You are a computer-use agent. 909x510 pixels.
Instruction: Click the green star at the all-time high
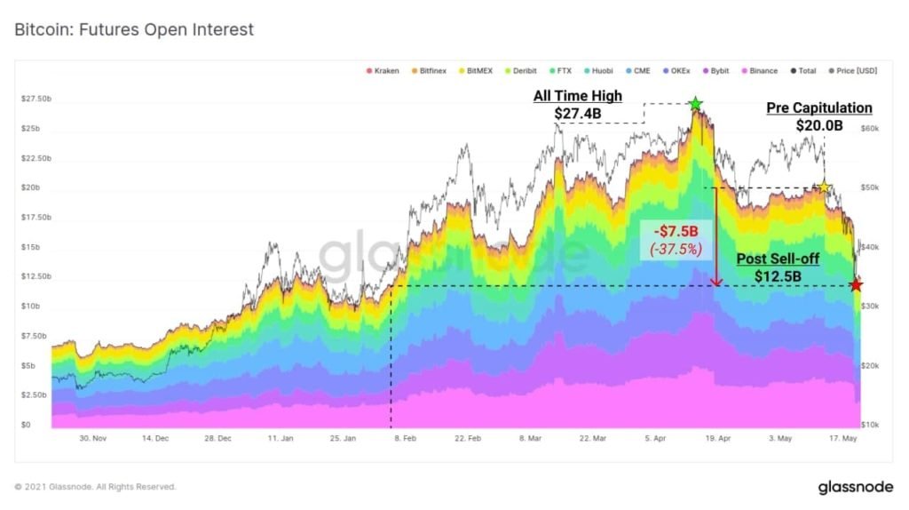[x=695, y=104]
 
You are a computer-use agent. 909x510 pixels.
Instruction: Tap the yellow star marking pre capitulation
[x=825, y=187]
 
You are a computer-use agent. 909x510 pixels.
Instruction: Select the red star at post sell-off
[x=856, y=285]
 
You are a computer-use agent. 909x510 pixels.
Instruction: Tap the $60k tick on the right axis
[x=870, y=129]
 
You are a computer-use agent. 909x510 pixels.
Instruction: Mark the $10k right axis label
[x=870, y=426]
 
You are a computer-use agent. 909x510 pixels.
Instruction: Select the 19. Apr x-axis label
[x=717, y=439]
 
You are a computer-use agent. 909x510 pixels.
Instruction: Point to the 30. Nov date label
[x=93, y=439]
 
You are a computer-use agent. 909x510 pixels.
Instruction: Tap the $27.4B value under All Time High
[x=577, y=114]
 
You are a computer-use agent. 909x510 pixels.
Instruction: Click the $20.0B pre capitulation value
[x=819, y=126]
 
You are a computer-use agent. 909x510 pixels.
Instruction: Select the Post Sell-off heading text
[x=778, y=259]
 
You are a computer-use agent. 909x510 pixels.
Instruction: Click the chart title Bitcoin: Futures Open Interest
[x=134, y=29]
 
